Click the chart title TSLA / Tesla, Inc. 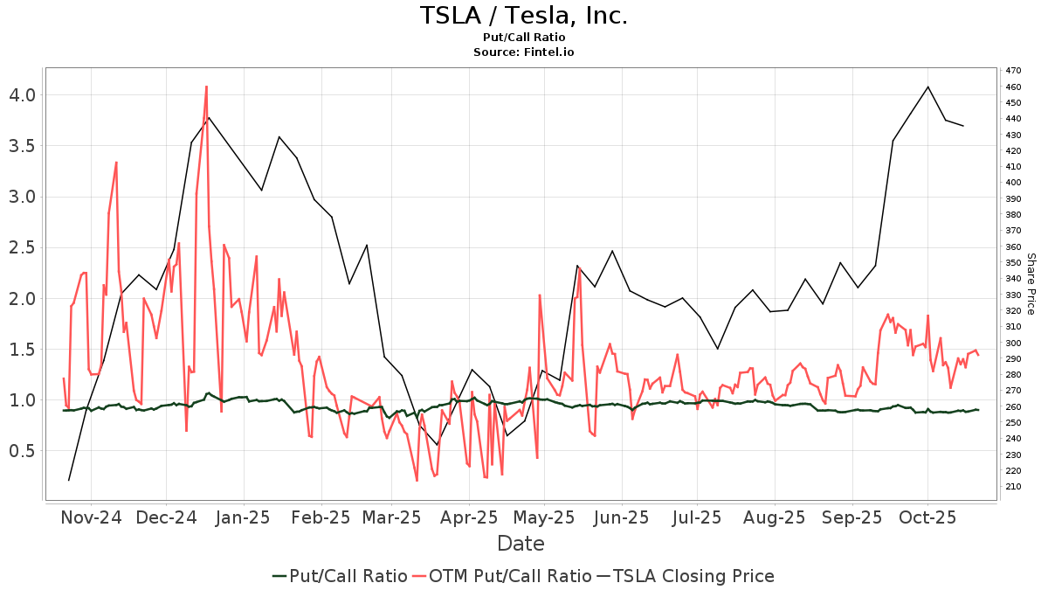tap(523, 16)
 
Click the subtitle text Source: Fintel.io tap(523, 52)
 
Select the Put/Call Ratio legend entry tap(340, 576)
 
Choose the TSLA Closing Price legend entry tap(685, 576)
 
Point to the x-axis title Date tap(521, 544)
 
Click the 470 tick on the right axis tap(1013, 70)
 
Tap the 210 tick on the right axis tap(1013, 487)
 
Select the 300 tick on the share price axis tap(1013, 343)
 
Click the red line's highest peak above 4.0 tap(206, 87)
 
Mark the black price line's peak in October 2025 tap(927, 87)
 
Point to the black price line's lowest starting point tap(69, 480)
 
